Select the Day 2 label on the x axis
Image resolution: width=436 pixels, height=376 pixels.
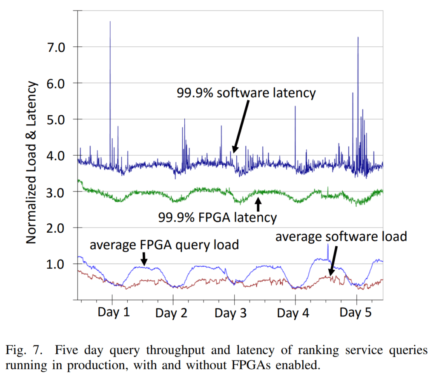171,314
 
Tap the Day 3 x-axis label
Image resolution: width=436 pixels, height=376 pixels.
230,313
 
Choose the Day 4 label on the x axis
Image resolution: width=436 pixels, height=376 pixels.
293,314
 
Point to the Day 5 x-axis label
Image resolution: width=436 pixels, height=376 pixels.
356,313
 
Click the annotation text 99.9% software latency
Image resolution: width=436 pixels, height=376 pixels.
247,93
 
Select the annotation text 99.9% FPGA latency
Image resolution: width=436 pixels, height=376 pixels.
218,218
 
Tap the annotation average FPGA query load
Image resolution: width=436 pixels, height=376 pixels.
164,245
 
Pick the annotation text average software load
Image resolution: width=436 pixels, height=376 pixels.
341,236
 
